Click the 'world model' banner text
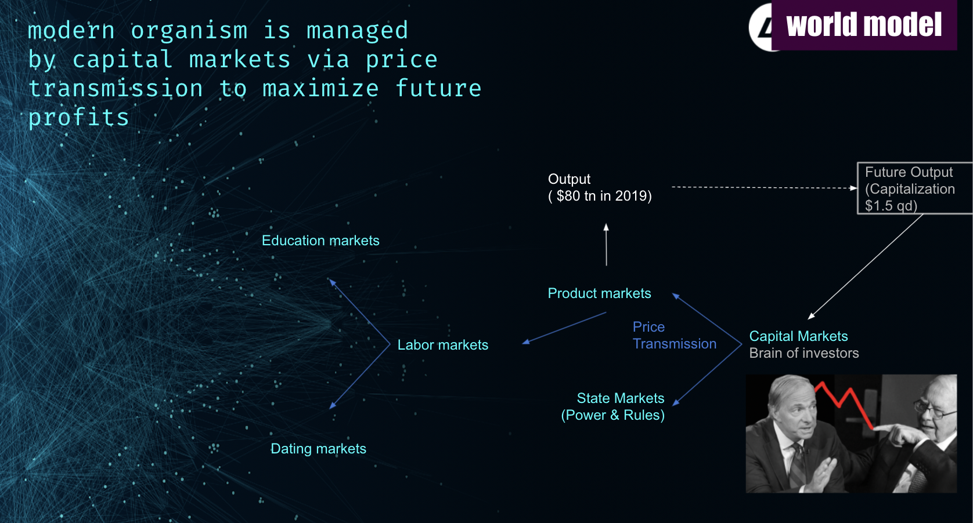(x=863, y=25)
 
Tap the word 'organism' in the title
(x=189, y=31)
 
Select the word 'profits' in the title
(x=78, y=118)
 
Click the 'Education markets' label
(x=320, y=241)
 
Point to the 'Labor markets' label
(x=442, y=345)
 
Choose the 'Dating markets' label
(x=318, y=449)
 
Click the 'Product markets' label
(x=600, y=293)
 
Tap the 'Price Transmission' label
(x=674, y=335)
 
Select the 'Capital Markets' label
(x=798, y=336)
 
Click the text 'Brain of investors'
(x=804, y=353)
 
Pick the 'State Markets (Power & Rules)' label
(x=613, y=407)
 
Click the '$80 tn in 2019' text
(x=604, y=196)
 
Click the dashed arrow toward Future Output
(x=765, y=187)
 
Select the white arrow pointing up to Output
(x=607, y=245)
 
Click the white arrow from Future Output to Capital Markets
(x=865, y=267)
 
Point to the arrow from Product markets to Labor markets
(x=564, y=328)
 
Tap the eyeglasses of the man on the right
(x=932, y=409)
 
